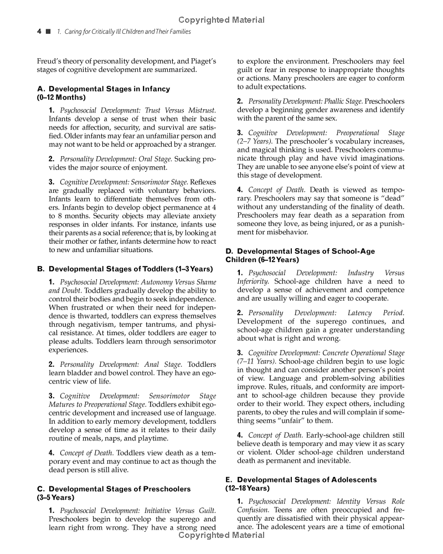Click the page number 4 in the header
tap(39, 32)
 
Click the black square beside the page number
tap(49, 32)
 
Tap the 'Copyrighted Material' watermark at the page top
tap(221, 20)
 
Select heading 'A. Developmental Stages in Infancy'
tap(104, 89)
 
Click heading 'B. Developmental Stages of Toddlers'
tap(125, 269)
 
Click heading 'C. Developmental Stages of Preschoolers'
tap(114, 489)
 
